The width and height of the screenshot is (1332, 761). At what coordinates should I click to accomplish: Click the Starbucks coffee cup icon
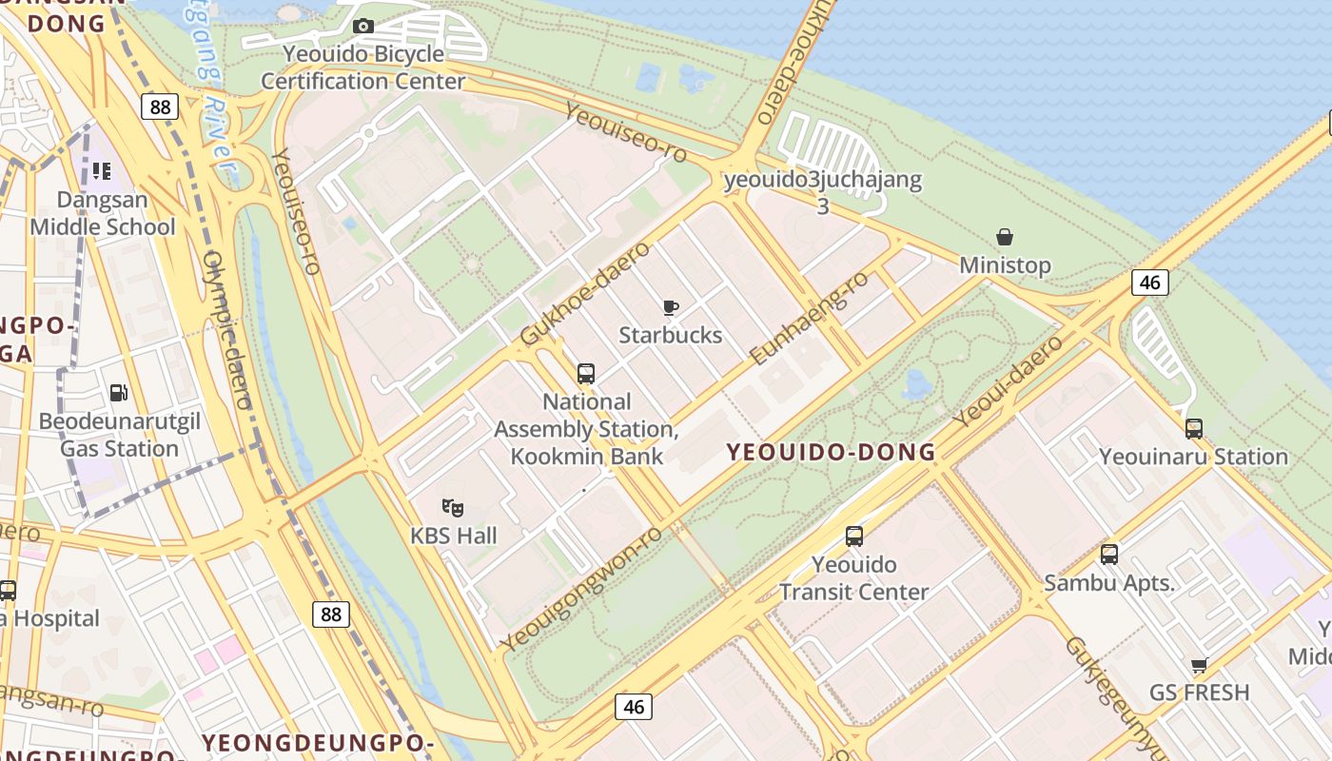671,307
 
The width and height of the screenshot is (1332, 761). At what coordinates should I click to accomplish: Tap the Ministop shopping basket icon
1005,237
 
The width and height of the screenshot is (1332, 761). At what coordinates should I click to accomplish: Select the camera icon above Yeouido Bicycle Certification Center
363,26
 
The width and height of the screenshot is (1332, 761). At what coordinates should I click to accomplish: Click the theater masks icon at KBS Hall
453,508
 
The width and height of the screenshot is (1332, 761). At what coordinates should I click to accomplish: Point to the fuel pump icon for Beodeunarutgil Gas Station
119,392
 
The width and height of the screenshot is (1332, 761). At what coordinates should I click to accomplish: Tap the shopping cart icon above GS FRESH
1199,665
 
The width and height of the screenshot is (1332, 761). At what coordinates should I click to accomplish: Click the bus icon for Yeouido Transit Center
854,537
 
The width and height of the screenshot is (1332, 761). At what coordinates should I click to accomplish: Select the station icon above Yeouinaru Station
1194,429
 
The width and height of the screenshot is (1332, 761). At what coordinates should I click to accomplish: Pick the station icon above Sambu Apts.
1109,555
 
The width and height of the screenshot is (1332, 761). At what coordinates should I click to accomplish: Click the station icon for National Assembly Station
586,374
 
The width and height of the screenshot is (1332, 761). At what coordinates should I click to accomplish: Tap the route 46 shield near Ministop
1150,282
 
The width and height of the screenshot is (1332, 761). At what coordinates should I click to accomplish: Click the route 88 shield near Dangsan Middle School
160,107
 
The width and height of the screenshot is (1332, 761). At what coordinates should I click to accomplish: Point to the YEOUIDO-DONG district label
832,453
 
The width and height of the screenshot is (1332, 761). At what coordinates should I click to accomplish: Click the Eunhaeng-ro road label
809,318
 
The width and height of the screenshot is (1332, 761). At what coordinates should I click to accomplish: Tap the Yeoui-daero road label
1009,381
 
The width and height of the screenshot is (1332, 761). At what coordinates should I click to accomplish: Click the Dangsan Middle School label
103,214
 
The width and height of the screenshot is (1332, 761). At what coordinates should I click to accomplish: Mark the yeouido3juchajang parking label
822,181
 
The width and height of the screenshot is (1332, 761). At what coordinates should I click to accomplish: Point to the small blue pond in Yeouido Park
917,384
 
